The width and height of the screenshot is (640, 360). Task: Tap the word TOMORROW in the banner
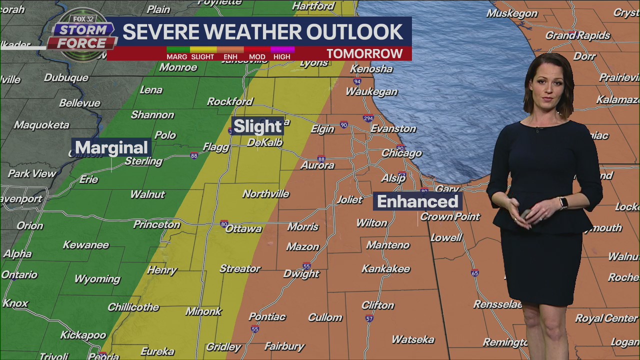coord(364,53)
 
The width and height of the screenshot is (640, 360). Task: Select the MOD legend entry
coord(257,56)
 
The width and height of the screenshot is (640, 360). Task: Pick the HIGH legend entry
coord(282,56)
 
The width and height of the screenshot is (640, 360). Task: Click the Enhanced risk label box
coord(417,201)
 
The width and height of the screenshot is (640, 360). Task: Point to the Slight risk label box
coord(257,126)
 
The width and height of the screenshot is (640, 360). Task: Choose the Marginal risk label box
coord(111,147)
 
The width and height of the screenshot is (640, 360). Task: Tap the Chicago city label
coord(401,153)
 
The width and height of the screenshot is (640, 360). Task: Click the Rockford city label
coord(230,101)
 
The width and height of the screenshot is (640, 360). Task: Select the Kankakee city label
coord(385,269)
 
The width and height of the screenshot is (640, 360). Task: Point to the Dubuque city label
coord(66,78)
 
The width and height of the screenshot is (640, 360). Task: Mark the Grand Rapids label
coord(577,35)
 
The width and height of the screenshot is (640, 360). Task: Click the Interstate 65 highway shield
coord(474,273)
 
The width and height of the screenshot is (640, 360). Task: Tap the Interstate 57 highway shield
coord(369,318)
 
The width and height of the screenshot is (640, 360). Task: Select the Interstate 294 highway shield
coord(368,118)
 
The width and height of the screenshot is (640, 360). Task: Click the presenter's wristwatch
coord(563,202)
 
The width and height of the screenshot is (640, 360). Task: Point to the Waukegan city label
coord(371,92)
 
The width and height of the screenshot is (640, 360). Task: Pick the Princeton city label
coord(156,224)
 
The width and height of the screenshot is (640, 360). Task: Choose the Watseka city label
coord(413,339)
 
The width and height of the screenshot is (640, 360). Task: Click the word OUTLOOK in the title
coord(354,31)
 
